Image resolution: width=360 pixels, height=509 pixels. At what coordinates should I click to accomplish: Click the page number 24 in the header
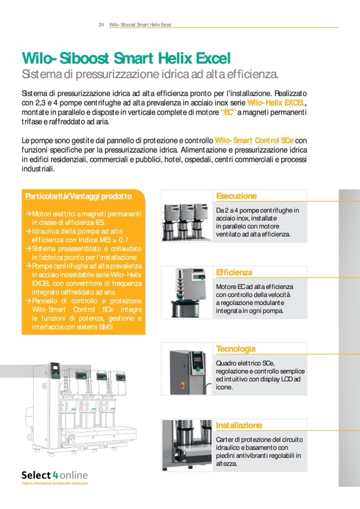tap(101, 24)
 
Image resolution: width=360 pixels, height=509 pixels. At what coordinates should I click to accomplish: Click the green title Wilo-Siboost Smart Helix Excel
tap(126, 58)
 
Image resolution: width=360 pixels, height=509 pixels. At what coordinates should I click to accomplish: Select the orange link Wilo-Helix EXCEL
tap(276, 103)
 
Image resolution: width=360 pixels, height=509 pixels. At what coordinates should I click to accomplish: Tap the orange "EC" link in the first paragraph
tap(228, 113)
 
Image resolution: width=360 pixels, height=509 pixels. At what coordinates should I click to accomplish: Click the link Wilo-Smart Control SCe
tap(254, 141)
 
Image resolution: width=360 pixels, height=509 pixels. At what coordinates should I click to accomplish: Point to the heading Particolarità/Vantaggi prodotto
tap(79, 196)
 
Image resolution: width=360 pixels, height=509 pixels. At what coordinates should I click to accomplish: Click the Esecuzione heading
tap(236, 196)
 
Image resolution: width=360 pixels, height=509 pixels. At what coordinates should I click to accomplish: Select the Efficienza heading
tap(234, 272)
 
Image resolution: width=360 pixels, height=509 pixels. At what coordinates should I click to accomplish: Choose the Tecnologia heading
tap(236, 349)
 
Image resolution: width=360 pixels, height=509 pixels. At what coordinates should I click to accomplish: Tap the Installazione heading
tap(239, 425)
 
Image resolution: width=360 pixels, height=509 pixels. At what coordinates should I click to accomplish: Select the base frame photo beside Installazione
tap(187, 445)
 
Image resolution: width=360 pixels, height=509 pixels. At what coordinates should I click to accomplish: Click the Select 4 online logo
tap(55, 475)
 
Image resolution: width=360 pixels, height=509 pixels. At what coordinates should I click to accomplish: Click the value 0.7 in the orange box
tap(124, 240)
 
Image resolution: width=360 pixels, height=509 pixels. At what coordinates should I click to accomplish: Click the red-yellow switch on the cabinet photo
tap(182, 385)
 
